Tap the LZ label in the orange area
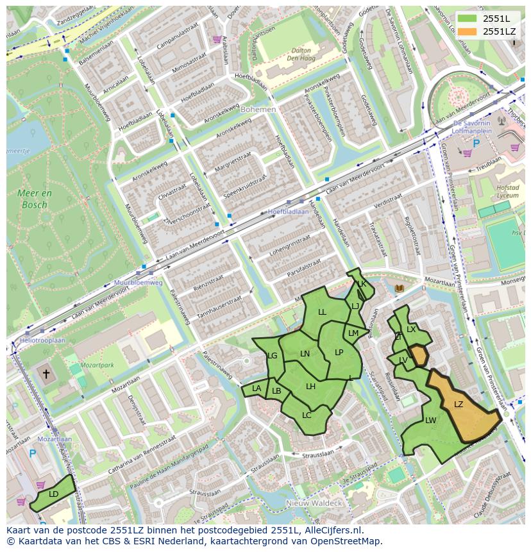[459, 405]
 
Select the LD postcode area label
[54, 494]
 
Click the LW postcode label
[430, 421]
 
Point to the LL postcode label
[323, 312]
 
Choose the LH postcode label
[311, 387]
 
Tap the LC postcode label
[307, 415]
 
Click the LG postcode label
[273, 356]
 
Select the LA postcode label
[257, 389]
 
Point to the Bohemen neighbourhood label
[258, 110]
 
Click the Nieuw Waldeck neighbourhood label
[314, 503]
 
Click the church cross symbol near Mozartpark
[46, 373]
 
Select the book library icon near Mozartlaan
[400, 289]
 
